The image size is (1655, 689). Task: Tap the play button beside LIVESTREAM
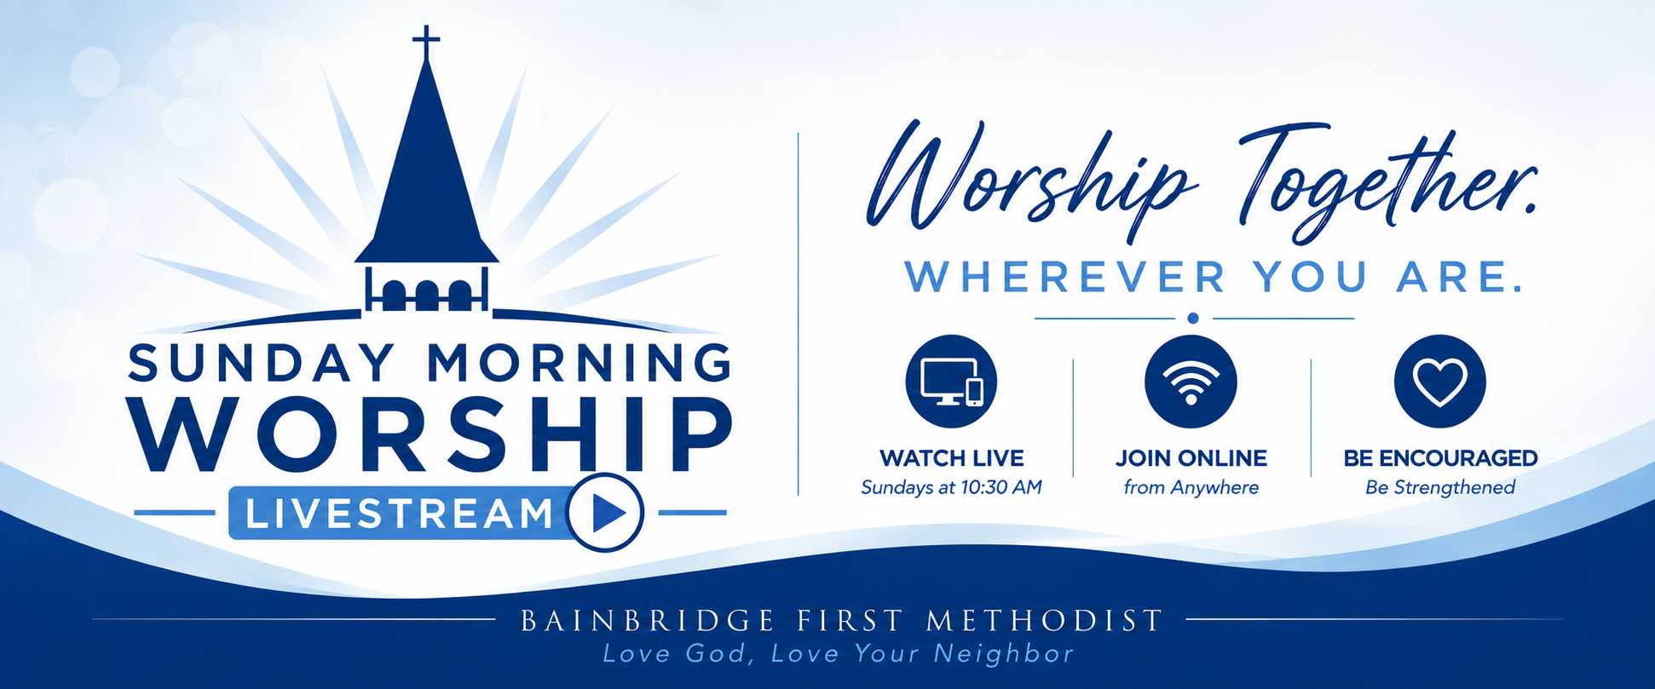(x=606, y=513)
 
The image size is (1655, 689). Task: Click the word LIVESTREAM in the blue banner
(x=399, y=514)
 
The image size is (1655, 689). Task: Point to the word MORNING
(x=580, y=362)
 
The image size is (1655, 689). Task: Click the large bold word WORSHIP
(x=430, y=433)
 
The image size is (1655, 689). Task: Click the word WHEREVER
(x=1065, y=278)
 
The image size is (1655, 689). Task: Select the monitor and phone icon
(x=951, y=381)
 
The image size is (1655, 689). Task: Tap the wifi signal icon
(x=1191, y=381)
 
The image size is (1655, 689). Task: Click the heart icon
(x=1440, y=381)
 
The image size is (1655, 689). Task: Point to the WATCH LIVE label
(x=951, y=458)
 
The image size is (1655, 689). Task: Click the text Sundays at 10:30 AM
(x=951, y=487)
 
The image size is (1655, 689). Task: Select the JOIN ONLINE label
(x=1191, y=458)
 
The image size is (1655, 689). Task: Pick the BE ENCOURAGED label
(x=1440, y=458)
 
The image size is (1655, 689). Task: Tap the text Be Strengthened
(x=1440, y=487)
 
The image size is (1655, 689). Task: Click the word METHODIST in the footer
(x=1045, y=620)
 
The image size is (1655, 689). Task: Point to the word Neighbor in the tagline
(x=1004, y=653)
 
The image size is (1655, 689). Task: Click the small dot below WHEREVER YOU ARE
(x=1193, y=318)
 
